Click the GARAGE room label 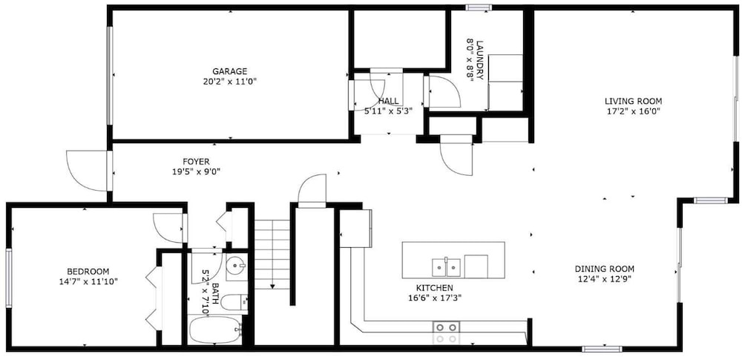coord(229,71)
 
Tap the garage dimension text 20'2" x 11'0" coord(229,82)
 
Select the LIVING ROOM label coord(633,101)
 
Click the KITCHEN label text coord(434,288)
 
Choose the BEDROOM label coord(88,272)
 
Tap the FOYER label coord(196,162)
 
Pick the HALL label coord(388,101)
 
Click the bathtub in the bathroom coord(215,330)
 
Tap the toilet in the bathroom coord(234,302)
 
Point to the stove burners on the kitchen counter coord(446,333)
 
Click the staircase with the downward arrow coord(272,255)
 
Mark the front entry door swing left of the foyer coord(88,171)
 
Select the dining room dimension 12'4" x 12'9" coord(604,279)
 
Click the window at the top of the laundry coord(479,7)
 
